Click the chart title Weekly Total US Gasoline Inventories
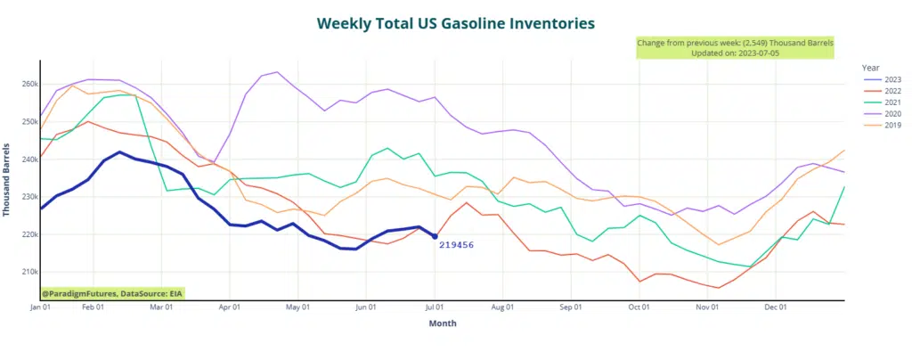pyautogui.click(x=455, y=22)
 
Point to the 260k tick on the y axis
pyautogui.click(x=27, y=85)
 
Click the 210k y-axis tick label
pyautogui.click(x=27, y=272)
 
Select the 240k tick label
pyautogui.click(x=27, y=160)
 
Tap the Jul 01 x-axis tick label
pyautogui.click(x=436, y=307)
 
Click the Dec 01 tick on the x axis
pyautogui.click(x=777, y=307)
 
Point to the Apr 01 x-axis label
pyautogui.click(x=230, y=307)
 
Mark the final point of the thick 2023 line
pyautogui.click(x=435, y=236)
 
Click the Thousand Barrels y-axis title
pyautogui.click(x=8, y=178)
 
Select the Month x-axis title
pyautogui.click(x=442, y=324)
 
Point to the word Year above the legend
pyautogui.click(x=872, y=67)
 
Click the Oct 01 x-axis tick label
pyautogui.click(x=639, y=307)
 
